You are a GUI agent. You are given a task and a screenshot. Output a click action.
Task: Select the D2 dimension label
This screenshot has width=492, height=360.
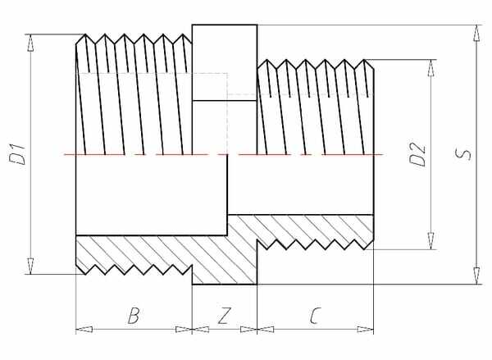(418, 154)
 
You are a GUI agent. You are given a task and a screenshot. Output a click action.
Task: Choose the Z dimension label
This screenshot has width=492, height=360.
(223, 316)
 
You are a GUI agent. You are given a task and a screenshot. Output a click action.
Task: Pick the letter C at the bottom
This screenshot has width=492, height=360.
(315, 316)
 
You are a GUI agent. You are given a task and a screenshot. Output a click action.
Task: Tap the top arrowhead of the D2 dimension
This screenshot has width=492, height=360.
(429, 66)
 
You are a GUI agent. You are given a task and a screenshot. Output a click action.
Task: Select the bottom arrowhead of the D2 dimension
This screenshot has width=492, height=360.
(429, 243)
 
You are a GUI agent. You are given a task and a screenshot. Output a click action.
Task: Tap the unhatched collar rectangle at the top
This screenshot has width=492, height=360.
(224, 62)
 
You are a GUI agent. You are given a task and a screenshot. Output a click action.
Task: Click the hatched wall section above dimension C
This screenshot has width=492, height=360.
(312, 229)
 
